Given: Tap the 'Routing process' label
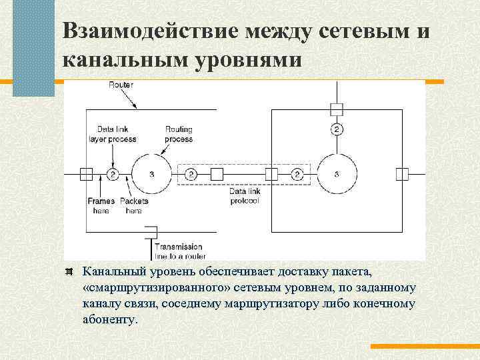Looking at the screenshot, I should pyautogui.click(x=179, y=135).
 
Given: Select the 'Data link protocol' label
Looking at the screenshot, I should pyautogui.click(x=243, y=195).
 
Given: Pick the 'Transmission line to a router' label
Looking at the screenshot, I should pyautogui.click(x=180, y=251).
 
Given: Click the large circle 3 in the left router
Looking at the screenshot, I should pyautogui.click(x=153, y=175).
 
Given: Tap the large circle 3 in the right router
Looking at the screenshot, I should pyautogui.click(x=336, y=175).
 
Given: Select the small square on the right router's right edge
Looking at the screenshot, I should pyautogui.click(x=401, y=175).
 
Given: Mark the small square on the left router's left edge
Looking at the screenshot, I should pyautogui.click(x=86, y=175).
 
